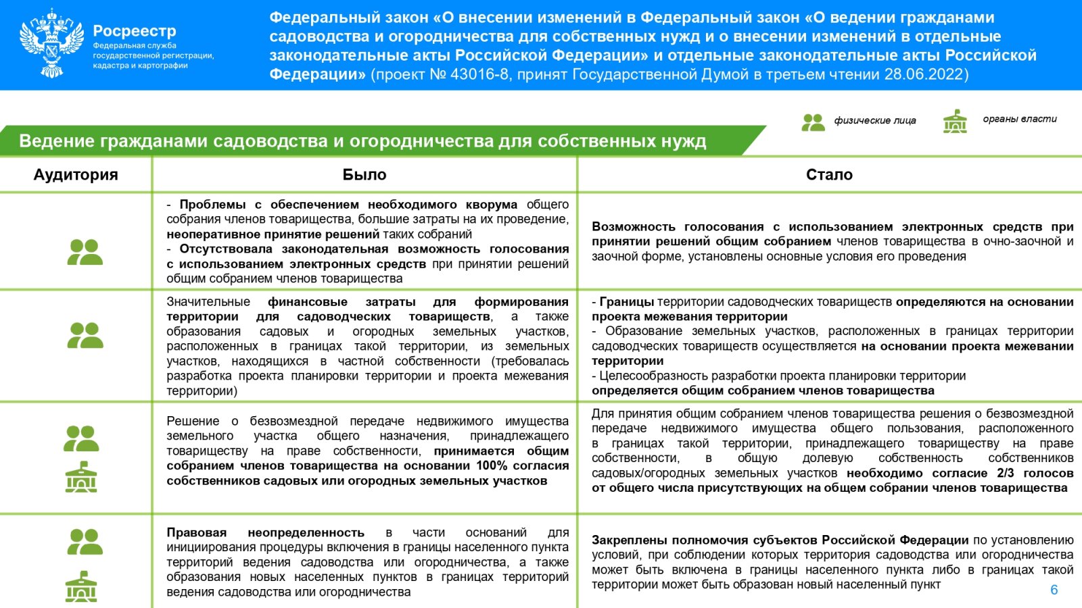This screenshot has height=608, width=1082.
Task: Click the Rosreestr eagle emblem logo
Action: coord(52,43)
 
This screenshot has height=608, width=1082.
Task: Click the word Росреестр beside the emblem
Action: coord(134,31)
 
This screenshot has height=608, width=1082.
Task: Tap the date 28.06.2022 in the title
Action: coord(924,74)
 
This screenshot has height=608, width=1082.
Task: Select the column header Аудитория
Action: coord(76,175)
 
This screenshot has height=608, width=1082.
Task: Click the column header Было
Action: coord(364,175)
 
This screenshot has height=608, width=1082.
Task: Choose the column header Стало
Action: coord(829,175)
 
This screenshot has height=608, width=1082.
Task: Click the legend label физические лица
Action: coord(874,120)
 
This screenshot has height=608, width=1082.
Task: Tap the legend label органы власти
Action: coord(1019,119)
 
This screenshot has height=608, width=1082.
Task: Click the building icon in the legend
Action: coord(955,122)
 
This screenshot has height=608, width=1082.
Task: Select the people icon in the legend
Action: coord(813,122)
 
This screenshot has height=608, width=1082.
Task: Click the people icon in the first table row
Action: coord(85,252)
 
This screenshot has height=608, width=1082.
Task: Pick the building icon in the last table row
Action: coord(81,586)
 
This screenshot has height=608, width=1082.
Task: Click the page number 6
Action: coord(1054,590)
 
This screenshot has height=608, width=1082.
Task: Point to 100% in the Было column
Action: coord(492,465)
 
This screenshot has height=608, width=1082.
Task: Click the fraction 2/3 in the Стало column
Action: coord(1005,473)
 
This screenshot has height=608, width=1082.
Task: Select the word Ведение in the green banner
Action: coord(56,141)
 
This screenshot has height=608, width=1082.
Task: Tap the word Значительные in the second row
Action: coord(208,301)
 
